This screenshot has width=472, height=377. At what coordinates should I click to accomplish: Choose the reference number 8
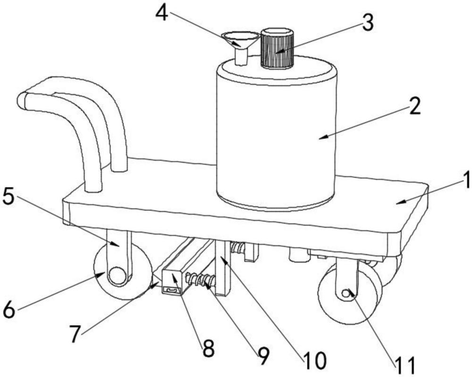pos(208,350)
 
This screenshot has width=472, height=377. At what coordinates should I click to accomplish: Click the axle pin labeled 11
pos(346,294)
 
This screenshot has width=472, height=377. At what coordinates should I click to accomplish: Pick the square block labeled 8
pos(171,283)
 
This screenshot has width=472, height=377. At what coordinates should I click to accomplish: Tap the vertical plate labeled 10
pos(222,267)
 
